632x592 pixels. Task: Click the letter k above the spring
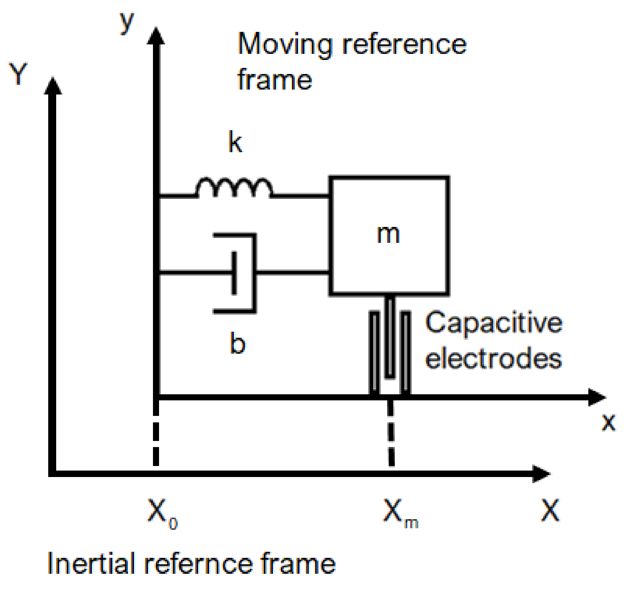[235, 142]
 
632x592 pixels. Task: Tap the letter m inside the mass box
[388, 234]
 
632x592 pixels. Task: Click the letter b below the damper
[238, 343]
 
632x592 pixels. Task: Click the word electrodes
[493, 359]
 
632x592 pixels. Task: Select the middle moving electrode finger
[390, 338]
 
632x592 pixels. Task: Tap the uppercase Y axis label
[18, 74]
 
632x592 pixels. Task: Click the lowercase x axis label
[609, 422]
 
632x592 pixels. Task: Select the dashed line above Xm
[391, 433]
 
